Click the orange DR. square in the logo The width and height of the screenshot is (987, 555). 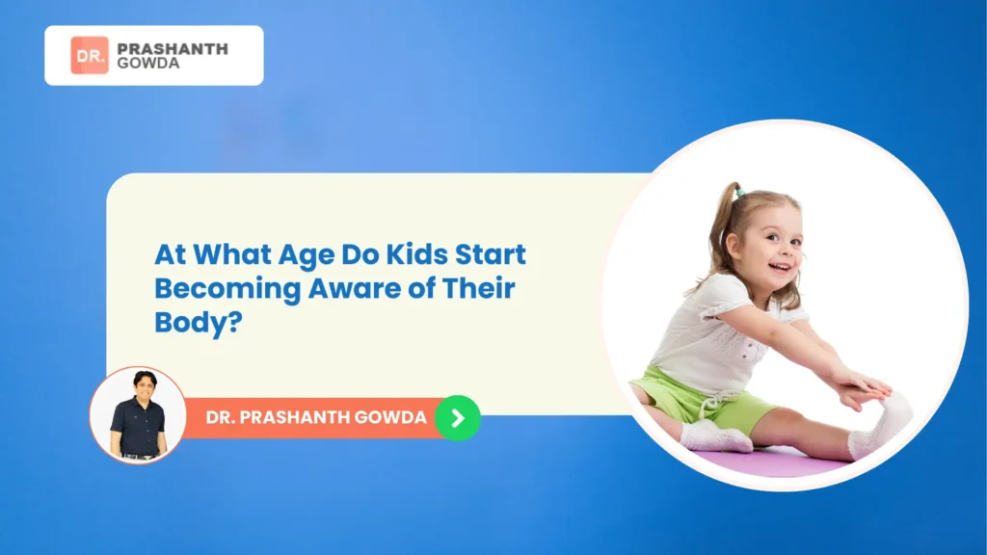tap(89, 55)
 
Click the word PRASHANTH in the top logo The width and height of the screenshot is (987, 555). tap(172, 48)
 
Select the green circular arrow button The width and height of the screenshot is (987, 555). tap(457, 418)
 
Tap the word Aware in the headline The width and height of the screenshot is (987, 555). tap(334, 289)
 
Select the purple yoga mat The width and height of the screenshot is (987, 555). tap(771, 463)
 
